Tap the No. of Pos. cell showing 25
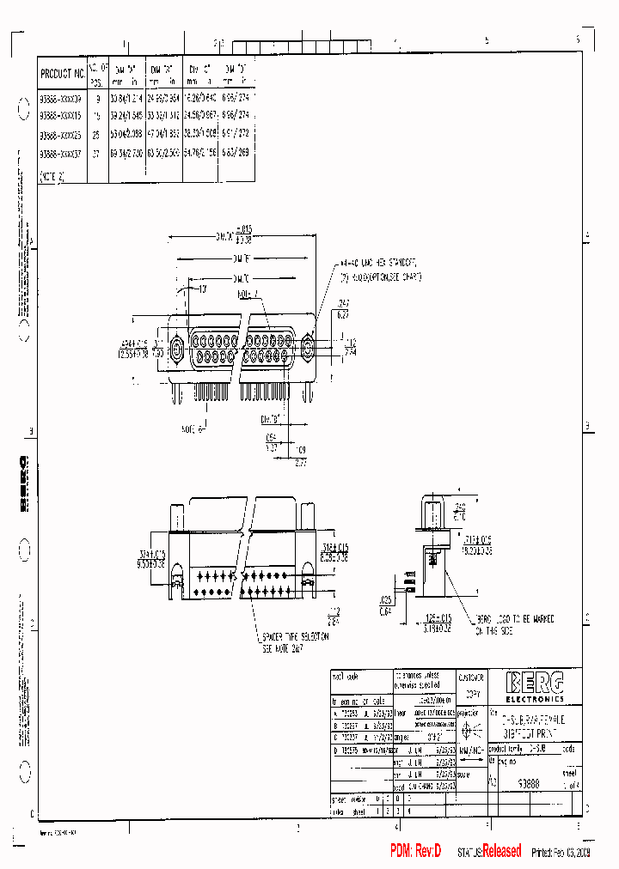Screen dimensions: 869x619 pos(97,135)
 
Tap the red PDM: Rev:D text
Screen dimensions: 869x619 pos(415,851)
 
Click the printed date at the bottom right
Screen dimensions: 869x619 pos(561,852)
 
